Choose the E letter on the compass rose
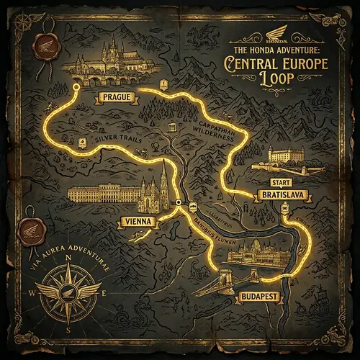click(105, 294)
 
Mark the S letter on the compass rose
click(68, 330)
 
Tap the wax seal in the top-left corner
click(42, 45)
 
